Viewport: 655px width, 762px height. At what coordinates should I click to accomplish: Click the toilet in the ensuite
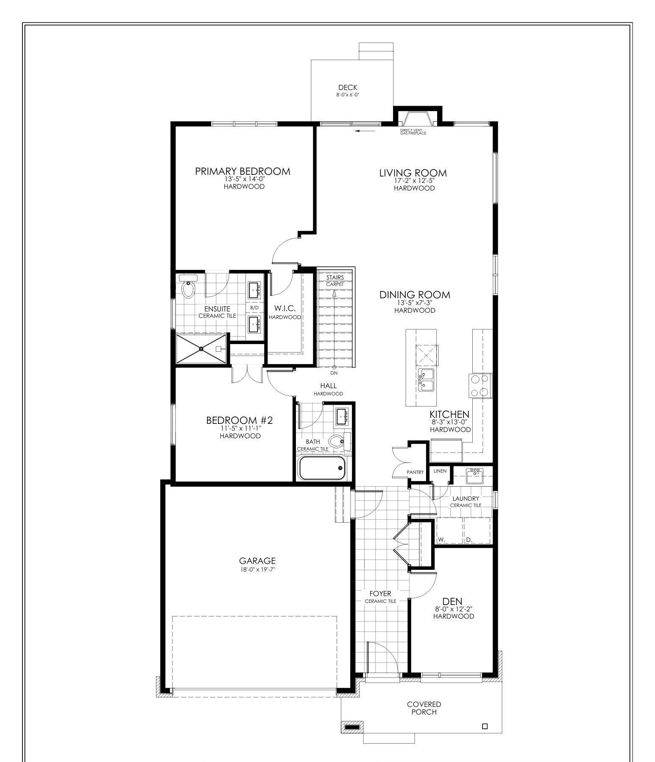pos(187,289)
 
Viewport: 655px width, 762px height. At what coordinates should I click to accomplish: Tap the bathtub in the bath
pos(322,468)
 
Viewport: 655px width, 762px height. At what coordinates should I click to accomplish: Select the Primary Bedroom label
pos(242,171)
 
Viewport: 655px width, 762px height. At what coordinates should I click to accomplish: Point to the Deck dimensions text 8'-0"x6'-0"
pos(348,95)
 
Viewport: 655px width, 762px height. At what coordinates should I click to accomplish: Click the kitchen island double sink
pos(426,380)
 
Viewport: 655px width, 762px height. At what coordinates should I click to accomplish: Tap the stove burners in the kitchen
pos(481,385)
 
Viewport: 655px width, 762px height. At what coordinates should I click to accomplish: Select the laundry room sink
pos(475,475)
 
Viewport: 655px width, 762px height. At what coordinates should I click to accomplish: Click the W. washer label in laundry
pos(441,540)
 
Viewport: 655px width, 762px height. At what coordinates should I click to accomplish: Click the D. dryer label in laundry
pos(469,540)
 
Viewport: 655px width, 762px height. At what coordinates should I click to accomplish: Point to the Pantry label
pos(415,472)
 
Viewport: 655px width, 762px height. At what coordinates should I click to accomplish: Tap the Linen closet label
pos(440,471)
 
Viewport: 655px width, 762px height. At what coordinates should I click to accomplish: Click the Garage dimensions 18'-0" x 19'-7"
pos(257,569)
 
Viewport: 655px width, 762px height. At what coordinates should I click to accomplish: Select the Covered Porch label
pos(424,708)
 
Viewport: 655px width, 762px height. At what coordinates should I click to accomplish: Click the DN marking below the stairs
pos(334,373)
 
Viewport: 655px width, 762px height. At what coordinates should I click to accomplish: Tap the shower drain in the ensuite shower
pos(201,349)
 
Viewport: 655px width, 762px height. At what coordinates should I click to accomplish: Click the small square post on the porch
pos(485,726)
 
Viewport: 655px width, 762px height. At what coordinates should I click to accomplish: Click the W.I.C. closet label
pos(284,308)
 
